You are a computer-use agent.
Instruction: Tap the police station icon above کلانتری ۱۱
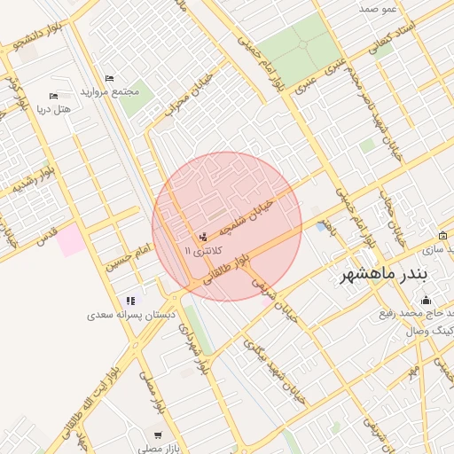(205, 236)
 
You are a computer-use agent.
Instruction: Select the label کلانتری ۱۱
(203, 251)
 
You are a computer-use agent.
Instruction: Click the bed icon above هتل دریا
(53, 96)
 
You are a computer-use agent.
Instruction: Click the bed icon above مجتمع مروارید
(109, 79)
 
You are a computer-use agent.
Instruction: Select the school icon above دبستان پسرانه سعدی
(131, 301)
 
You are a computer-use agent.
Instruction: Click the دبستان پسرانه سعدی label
(131, 315)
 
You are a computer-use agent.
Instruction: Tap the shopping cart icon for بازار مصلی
(158, 435)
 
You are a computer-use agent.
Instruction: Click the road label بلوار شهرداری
(194, 346)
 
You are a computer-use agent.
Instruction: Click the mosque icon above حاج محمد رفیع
(426, 300)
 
